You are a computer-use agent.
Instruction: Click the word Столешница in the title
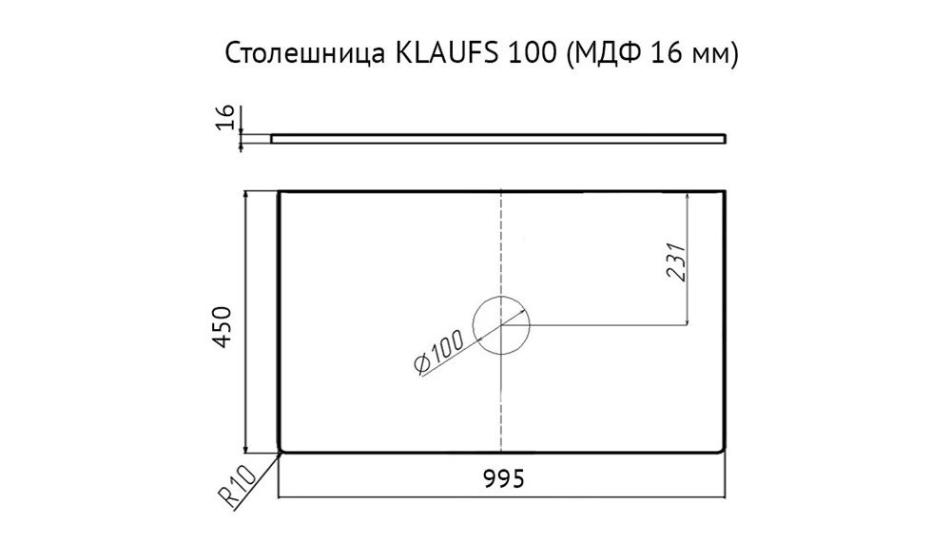coord(301,55)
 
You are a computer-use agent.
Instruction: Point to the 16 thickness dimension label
coord(226,118)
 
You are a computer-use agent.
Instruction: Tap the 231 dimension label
coord(674,260)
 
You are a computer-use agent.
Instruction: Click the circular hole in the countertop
coord(501,324)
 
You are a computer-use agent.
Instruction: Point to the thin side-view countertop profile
coord(498,138)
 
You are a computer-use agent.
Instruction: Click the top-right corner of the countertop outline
coord(726,192)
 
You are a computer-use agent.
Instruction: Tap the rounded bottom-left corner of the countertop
coord(281,450)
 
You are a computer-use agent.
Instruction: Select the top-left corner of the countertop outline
coord(279,192)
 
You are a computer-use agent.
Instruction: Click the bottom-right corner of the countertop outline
coord(726,452)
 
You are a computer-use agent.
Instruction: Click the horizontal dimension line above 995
coord(501,496)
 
